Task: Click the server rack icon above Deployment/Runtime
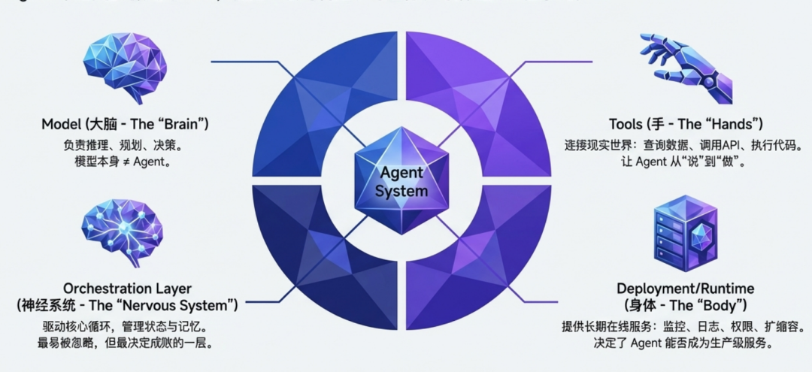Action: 681,234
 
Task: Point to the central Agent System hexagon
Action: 403,180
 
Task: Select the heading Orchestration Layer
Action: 127,289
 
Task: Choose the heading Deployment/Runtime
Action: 685,289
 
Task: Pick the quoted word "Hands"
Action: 733,123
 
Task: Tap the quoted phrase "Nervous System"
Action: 186,306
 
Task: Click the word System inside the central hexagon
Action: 402,190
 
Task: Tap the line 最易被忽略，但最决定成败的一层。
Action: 126,344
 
